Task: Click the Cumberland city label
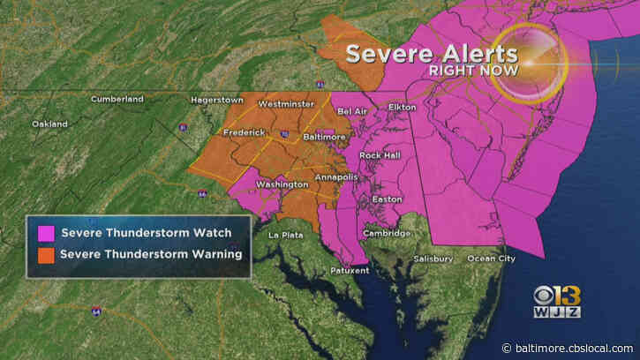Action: pyautogui.click(x=117, y=100)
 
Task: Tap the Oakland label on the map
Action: pyautogui.click(x=49, y=124)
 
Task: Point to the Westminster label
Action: pyautogui.click(x=286, y=104)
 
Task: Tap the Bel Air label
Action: pyautogui.click(x=353, y=111)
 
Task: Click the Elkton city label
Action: pyautogui.click(x=402, y=107)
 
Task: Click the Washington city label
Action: pyautogui.click(x=282, y=184)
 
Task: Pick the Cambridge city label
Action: pyautogui.click(x=386, y=233)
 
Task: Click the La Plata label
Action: pyautogui.click(x=285, y=235)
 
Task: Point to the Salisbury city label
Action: pyautogui.click(x=433, y=259)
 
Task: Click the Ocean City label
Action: pyautogui.click(x=491, y=259)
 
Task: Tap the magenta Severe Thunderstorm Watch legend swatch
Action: pyautogui.click(x=42, y=234)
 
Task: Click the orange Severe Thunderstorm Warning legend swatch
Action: pyautogui.click(x=42, y=255)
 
